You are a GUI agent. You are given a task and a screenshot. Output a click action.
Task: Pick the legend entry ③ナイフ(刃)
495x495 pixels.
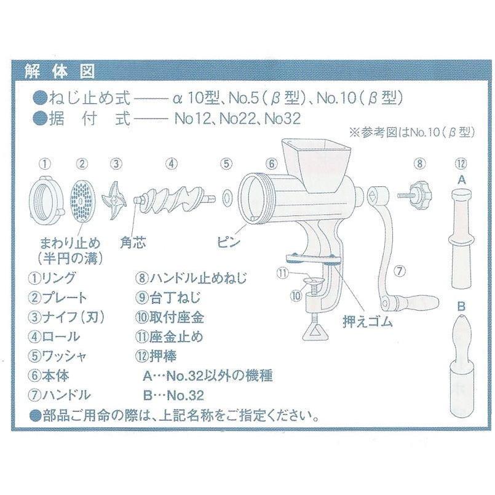click(69, 317)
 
